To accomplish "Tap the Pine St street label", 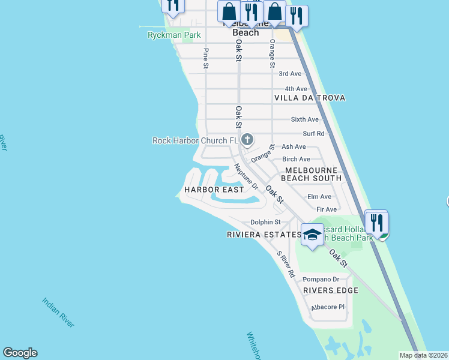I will tap(206, 58).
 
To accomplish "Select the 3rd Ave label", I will tap(290, 74).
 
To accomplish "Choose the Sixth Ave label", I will tap(304, 119).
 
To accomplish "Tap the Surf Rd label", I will tap(313, 134).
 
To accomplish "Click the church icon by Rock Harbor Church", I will tap(247, 140).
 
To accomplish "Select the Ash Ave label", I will tap(294, 146).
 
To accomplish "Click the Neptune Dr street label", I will tap(246, 178).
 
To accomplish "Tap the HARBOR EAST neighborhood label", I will tap(214, 190).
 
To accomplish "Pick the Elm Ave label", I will tap(319, 197).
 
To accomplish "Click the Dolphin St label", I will tap(265, 223).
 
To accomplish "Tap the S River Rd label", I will tap(286, 264).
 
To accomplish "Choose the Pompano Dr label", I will tap(321, 279).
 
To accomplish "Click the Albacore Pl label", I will tap(327, 307).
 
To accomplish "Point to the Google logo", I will tap(20, 353).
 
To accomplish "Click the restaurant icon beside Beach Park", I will tap(377, 223).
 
